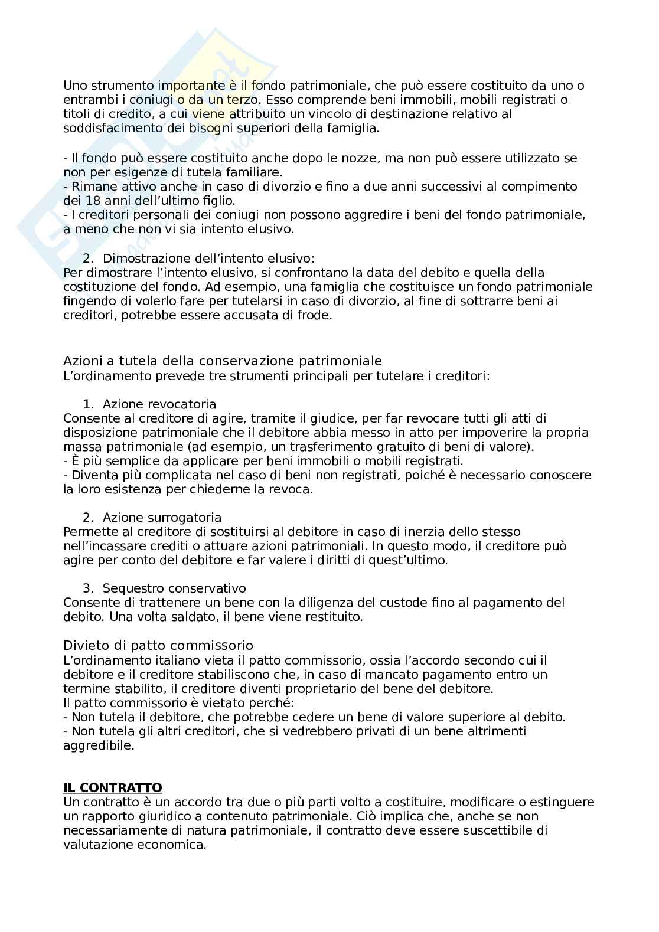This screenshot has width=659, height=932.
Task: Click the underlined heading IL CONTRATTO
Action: coord(112,788)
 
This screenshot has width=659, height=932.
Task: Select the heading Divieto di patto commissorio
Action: coord(158,646)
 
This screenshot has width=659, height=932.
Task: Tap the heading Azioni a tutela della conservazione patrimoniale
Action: coord(223,361)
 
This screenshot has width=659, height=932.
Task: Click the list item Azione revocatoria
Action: coord(159,404)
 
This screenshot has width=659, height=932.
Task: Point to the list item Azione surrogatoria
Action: coord(162,518)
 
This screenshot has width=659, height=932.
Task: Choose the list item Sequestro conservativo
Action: coord(174,588)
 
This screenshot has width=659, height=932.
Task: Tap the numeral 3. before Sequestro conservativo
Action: coord(88,588)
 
